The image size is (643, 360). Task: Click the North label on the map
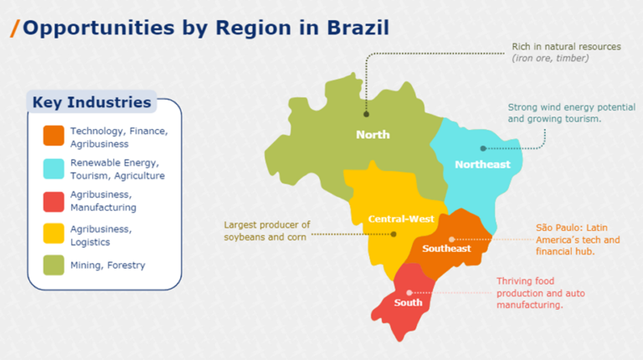point(373,134)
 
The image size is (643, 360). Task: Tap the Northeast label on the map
point(482,164)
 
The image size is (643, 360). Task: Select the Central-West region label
point(401,219)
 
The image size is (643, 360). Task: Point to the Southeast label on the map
point(446,248)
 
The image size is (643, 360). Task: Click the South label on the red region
point(408,302)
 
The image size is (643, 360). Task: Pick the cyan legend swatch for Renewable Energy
point(54,168)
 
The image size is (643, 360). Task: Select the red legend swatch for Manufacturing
point(54,201)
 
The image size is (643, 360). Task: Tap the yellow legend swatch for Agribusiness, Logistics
point(54,234)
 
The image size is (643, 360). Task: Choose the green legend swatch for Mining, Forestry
point(54,265)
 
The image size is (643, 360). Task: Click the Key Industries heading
point(92,103)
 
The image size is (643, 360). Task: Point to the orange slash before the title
point(14,28)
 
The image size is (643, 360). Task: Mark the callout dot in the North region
point(366,114)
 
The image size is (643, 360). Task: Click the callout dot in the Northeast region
point(483,148)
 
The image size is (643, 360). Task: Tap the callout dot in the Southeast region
point(451,239)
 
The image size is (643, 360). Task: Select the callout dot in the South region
point(409,292)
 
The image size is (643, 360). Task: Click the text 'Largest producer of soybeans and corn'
point(267,230)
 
